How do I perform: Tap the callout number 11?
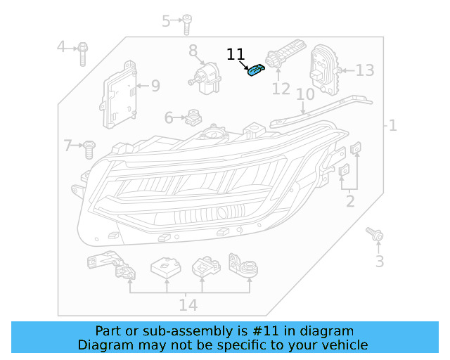(x=236, y=55)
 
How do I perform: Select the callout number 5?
(x=167, y=21)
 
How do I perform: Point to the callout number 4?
(x=61, y=47)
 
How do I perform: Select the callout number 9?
(x=155, y=86)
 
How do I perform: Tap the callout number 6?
(x=169, y=117)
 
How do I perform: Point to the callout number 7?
(x=68, y=146)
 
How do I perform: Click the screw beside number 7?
(x=89, y=148)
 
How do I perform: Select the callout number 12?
(x=281, y=89)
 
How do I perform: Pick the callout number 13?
(x=365, y=70)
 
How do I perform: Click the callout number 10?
(x=304, y=94)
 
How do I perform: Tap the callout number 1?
(x=392, y=126)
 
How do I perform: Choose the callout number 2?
(x=349, y=202)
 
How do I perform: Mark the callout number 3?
(x=379, y=262)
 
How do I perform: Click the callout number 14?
(x=188, y=305)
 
